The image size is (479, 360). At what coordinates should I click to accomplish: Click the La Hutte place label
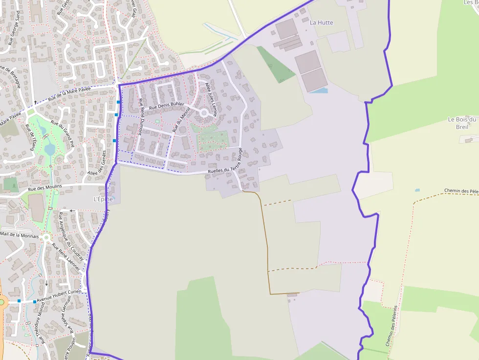(x=322, y=22)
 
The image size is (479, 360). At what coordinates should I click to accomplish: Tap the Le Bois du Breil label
(x=462, y=123)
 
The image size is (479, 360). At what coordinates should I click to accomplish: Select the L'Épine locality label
(x=103, y=199)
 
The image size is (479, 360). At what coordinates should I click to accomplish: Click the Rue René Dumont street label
(x=141, y=116)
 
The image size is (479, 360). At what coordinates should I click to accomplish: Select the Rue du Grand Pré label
(x=62, y=134)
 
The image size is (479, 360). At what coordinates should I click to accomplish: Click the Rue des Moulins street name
(x=44, y=188)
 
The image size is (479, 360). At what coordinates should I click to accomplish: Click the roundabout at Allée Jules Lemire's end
(x=204, y=113)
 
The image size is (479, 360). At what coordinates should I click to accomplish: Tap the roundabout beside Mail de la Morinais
(x=46, y=238)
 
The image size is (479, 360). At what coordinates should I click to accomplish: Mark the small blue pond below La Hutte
(x=319, y=90)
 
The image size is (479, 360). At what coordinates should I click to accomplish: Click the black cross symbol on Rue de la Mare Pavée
(x=35, y=102)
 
